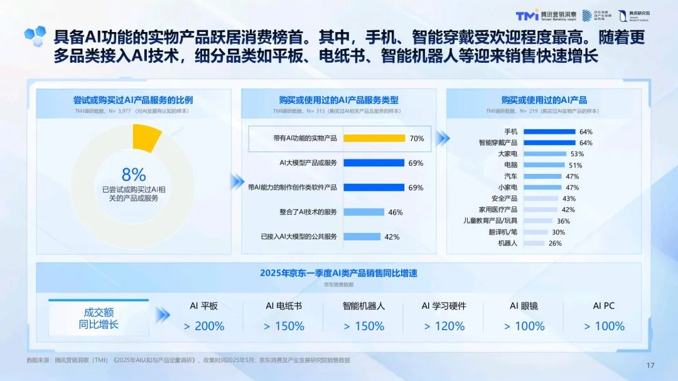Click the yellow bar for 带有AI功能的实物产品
[x=374, y=138]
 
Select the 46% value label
[x=395, y=213]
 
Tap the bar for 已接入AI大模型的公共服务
[x=362, y=237]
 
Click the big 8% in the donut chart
[x=133, y=174]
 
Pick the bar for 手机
[x=549, y=132]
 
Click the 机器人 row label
[x=507, y=243]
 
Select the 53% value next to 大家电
[x=576, y=154]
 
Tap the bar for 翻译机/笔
[x=535, y=232]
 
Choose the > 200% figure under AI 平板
[x=204, y=326]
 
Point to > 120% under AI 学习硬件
[x=444, y=326]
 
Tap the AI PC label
[x=604, y=306]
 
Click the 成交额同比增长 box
[x=99, y=318]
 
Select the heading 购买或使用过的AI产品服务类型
[x=339, y=100]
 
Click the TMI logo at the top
[x=527, y=15]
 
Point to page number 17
[x=650, y=365]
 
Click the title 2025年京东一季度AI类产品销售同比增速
[x=339, y=273]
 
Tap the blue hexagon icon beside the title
[x=35, y=34]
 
